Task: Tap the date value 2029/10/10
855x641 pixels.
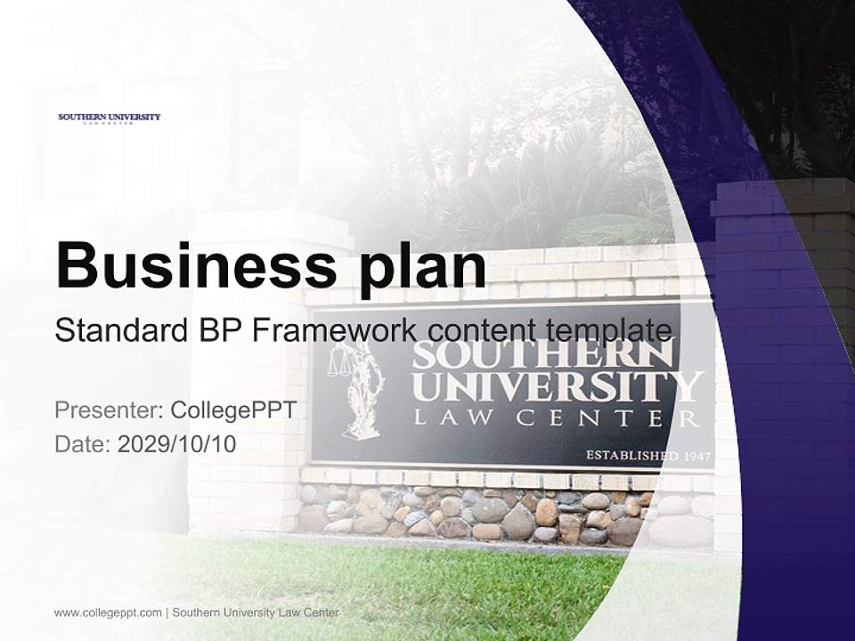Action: [x=177, y=443]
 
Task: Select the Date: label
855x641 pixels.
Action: [x=83, y=443]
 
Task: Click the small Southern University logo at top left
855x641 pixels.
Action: [x=109, y=118]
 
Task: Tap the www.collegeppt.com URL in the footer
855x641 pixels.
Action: [x=108, y=613]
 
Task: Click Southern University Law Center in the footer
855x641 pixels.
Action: [x=256, y=613]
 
